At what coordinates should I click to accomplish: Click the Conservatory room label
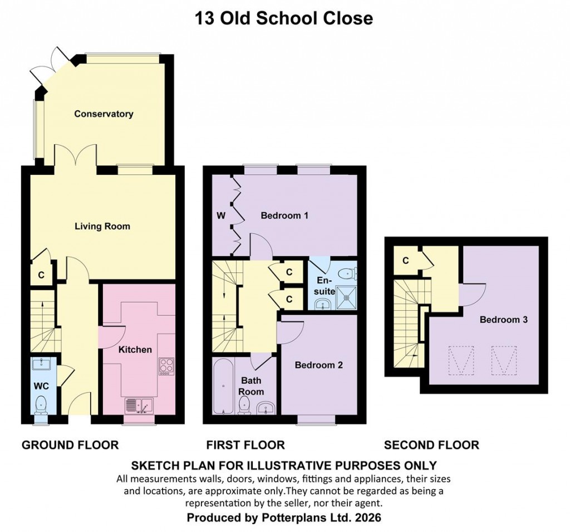pos(104,114)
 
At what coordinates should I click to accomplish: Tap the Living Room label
pos(102,226)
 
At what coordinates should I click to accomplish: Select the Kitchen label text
pos(135,350)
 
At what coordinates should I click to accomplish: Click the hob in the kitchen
pos(166,366)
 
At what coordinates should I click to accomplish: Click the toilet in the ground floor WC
pos(41,404)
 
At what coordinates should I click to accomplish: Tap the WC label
pos(41,385)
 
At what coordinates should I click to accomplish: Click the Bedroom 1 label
pos(284,215)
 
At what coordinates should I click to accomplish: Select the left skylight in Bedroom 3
pos(461,360)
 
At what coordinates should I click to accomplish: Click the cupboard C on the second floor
pos(406,260)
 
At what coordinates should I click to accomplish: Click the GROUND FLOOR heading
pos(70,445)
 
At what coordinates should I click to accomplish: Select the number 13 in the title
pos(203,18)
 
